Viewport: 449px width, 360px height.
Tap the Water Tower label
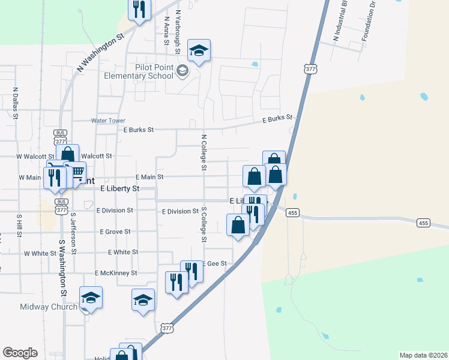pos(108,121)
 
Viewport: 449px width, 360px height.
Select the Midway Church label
pos(49,307)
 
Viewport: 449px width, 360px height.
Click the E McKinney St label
pos(116,273)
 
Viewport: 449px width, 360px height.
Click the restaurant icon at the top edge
pos(139,9)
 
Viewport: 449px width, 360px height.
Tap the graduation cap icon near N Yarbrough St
pos(199,50)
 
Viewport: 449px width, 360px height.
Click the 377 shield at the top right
pos(310,69)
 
